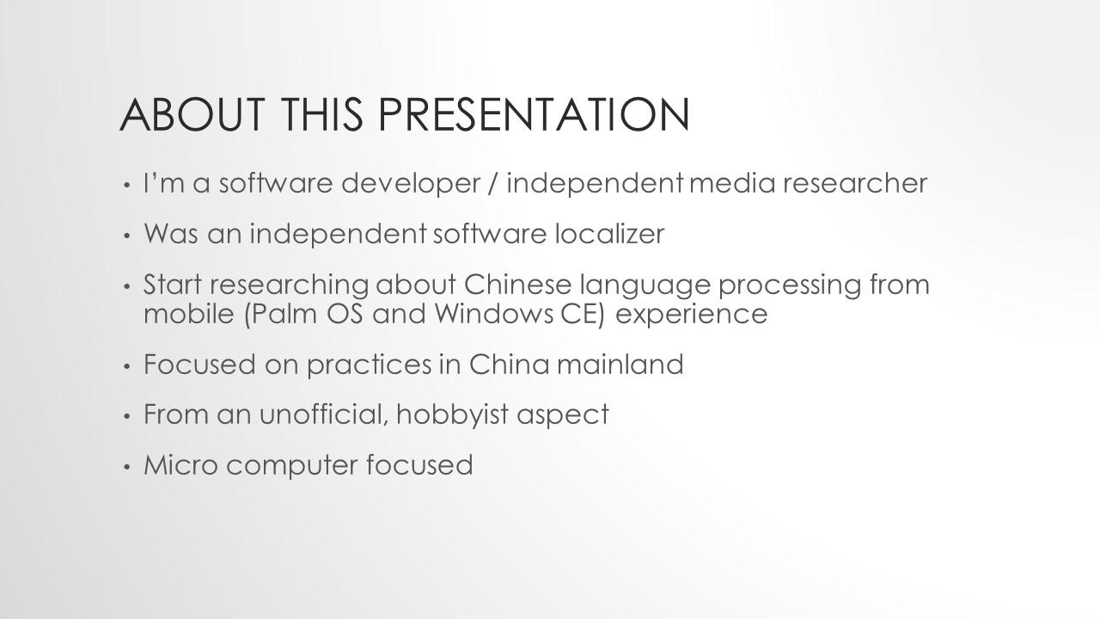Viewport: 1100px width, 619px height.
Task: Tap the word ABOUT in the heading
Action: click(192, 114)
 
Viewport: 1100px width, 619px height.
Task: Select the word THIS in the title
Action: click(322, 114)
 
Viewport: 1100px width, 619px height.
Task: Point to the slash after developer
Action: click(493, 184)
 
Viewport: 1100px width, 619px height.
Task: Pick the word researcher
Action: click(855, 183)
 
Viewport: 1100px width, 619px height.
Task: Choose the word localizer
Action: click(609, 233)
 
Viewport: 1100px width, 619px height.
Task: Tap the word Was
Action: click(171, 234)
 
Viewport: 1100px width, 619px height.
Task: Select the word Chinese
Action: click(517, 285)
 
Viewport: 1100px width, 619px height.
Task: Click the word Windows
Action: click(493, 314)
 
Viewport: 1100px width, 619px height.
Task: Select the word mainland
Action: click(620, 365)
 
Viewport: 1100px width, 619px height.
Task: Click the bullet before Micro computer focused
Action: click(127, 467)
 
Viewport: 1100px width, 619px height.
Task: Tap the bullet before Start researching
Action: click(127, 286)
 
